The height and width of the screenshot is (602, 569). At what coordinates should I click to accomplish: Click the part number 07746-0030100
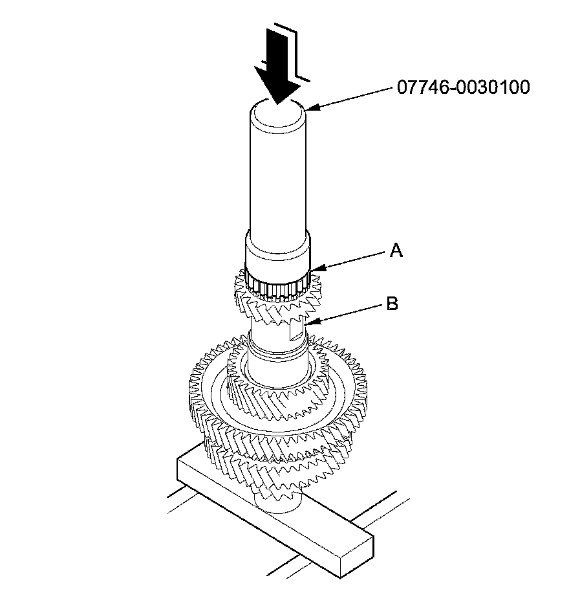point(463,87)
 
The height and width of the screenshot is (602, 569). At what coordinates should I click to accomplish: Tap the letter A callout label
point(396,251)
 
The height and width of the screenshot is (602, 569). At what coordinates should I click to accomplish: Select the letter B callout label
point(392,303)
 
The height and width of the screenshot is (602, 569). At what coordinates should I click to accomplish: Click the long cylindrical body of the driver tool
point(278,175)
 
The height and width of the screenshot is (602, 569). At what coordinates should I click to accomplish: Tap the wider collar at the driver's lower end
point(278,252)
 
